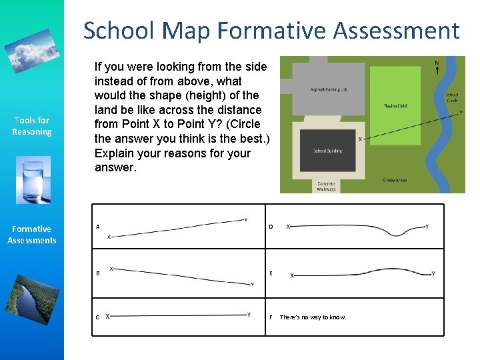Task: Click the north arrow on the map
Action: pos(437,69)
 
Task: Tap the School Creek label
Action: pos(451,98)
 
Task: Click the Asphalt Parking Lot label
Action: pos(329,89)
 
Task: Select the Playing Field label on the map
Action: pos(396,105)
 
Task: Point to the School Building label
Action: pos(328,151)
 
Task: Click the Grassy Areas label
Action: pos(395,180)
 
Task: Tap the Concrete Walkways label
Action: pos(326,186)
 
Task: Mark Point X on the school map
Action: pos(360,139)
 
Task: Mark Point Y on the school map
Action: pos(461,113)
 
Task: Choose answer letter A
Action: pos(98,227)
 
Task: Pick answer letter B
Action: pos(98,273)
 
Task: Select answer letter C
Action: pos(98,317)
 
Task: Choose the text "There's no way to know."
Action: pos(313,317)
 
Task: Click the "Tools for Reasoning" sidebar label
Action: pos(31,126)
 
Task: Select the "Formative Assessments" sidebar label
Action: pos(31,235)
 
